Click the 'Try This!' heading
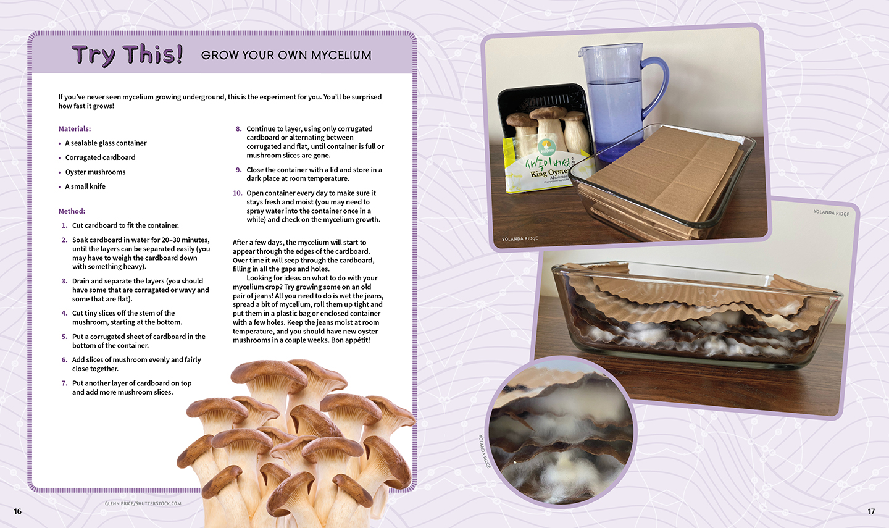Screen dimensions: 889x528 pyautogui.click(x=127, y=55)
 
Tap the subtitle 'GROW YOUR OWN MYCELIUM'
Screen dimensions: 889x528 pyautogui.click(x=286, y=55)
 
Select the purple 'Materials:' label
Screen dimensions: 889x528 pyautogui.click(x=75, y=128)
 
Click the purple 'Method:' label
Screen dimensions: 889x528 pyautogui.click(x=72, y=211)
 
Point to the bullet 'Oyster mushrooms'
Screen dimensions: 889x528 pyautogui.click(x=95, y=172)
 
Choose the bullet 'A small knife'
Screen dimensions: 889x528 pyautogui.click(x=85, y=186)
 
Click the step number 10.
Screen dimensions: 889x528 pyautogui.click(x=237, y=193)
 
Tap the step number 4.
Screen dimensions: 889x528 pyautogui.click(x=65, y=313)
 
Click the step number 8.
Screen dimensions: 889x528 pyautogui.click(x=238, y=128)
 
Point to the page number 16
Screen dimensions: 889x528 pyautogui.click(x=18, y=511)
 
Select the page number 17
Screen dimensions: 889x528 pyautogui.click(x=871, y=511)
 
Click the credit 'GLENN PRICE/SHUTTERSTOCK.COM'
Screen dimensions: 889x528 pyautogui.click(x=143, y=503)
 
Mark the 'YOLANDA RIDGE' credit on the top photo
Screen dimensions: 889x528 pyautogui.click(x=520, y=238)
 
